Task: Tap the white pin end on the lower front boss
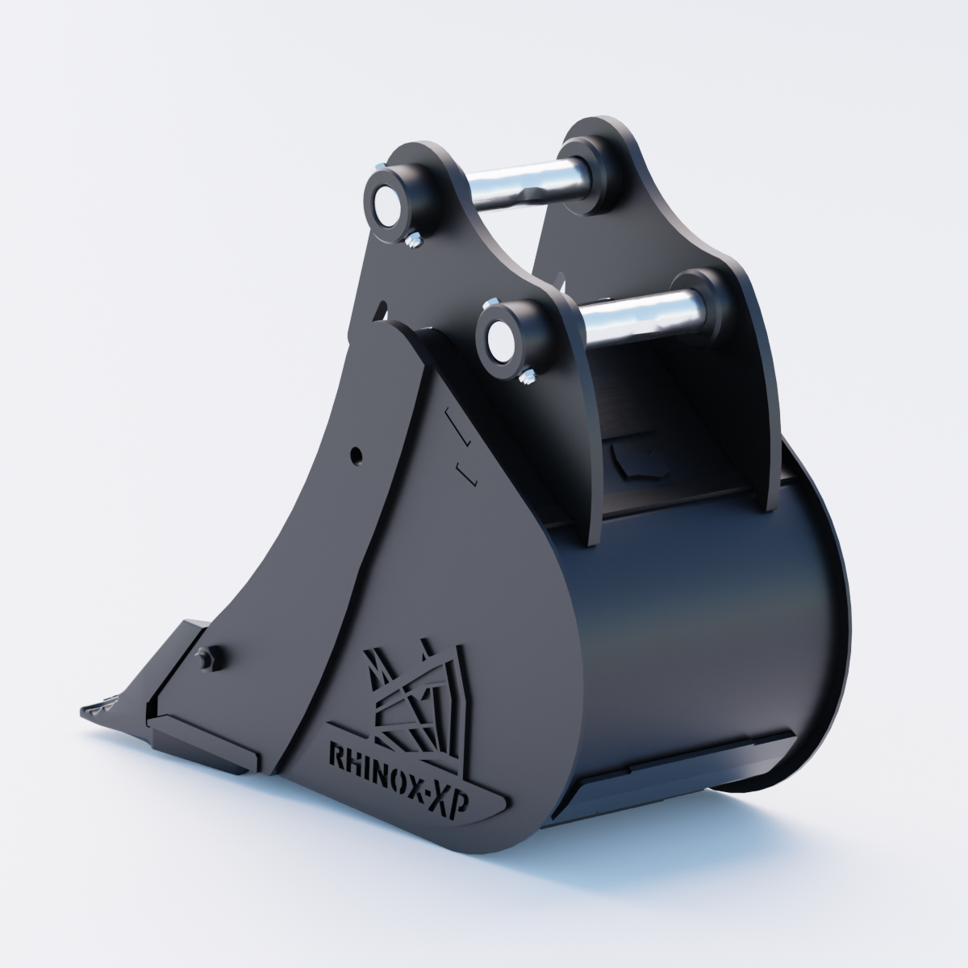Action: (498, 340)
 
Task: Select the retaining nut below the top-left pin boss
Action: (413, 241)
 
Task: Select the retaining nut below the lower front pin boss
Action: (527, 378)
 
